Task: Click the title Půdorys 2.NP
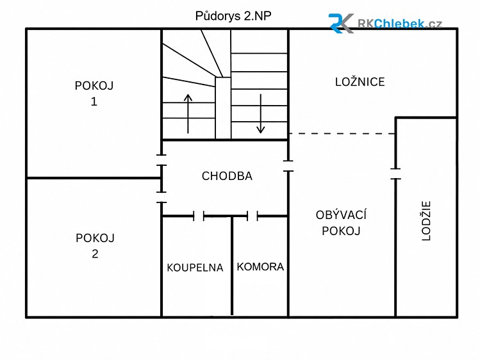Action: (x=233, y=16)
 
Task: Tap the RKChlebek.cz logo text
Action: (x=400, y=24)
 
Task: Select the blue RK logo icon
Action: (x=341, y=23)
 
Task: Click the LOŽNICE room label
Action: (x=360, y=81)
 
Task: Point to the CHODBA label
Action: (x=227, y=176)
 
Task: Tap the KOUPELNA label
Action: (x=195, y=268)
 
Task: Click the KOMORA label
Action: (x=261, y=266)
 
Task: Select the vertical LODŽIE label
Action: (x=426, y=220)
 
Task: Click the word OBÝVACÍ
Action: (x=341, y=215)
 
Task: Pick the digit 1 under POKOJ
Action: (x=94, y=101)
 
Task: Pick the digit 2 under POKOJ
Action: (x=95, y=254)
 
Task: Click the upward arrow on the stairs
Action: (x=188, y=113)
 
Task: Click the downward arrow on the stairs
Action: (x=261, y=113)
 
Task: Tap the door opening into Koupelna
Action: (x=199, y=216)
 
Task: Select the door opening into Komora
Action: (x=252, y=216)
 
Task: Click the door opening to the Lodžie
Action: (x=395, y=174)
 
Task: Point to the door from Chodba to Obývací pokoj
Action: (x=288, y=166)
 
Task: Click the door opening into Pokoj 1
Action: (x=161, y=160)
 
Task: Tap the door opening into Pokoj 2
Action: (x=161, y=197)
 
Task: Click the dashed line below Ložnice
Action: (x=342, y=134)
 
